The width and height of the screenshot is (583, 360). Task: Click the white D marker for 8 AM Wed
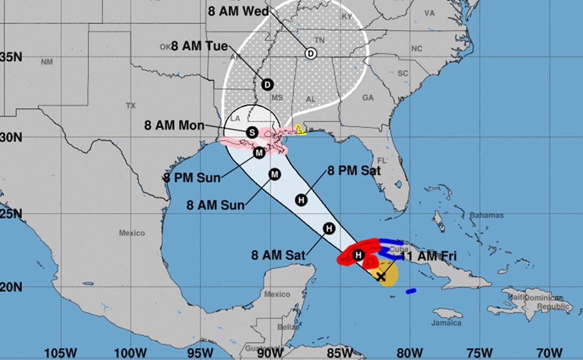[310, 54]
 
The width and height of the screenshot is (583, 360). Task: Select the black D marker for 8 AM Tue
[267, 84]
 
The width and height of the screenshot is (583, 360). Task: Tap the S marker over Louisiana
[251, 132]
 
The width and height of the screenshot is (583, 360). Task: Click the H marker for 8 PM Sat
[301, 200]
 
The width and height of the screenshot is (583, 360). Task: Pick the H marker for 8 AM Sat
[328, 229]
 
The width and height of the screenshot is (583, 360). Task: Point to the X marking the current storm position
[381, 277]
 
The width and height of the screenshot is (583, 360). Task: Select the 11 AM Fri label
[431, 256]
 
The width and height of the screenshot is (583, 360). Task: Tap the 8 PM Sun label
[191, 178]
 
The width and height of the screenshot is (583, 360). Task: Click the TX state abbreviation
[130, 106]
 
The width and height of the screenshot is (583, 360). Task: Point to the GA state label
[368, 98]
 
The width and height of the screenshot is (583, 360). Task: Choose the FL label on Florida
[382, 161]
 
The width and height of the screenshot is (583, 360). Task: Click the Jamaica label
[446, 323]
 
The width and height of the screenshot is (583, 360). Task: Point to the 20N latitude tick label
[11, 287]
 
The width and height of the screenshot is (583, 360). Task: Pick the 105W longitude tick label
[64, 353]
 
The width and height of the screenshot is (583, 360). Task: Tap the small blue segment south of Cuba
[411, 291]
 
